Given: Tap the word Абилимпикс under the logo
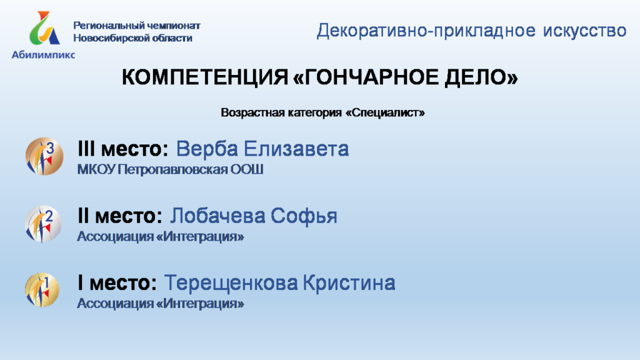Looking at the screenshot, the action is click(x=43, y=55).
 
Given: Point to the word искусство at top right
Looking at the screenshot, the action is click(x=584, y=31).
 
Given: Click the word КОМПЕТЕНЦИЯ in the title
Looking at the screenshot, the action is click(x=205, y=77).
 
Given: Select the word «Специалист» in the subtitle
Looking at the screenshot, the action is click(x=385, y=112).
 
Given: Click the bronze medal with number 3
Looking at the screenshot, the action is click(x=44, y=156).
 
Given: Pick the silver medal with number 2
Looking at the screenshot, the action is click(x=43, y=224).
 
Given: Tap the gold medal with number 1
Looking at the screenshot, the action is click(x=42, y=290).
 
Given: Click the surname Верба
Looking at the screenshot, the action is click(x=207, y=149).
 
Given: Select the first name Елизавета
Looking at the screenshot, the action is click(x=296, y=149).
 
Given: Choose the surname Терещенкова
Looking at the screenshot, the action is click(x=231, y=283).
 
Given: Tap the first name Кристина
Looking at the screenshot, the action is click(x=349, y=283).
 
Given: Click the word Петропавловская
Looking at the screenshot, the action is click(x=172, y=169).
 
